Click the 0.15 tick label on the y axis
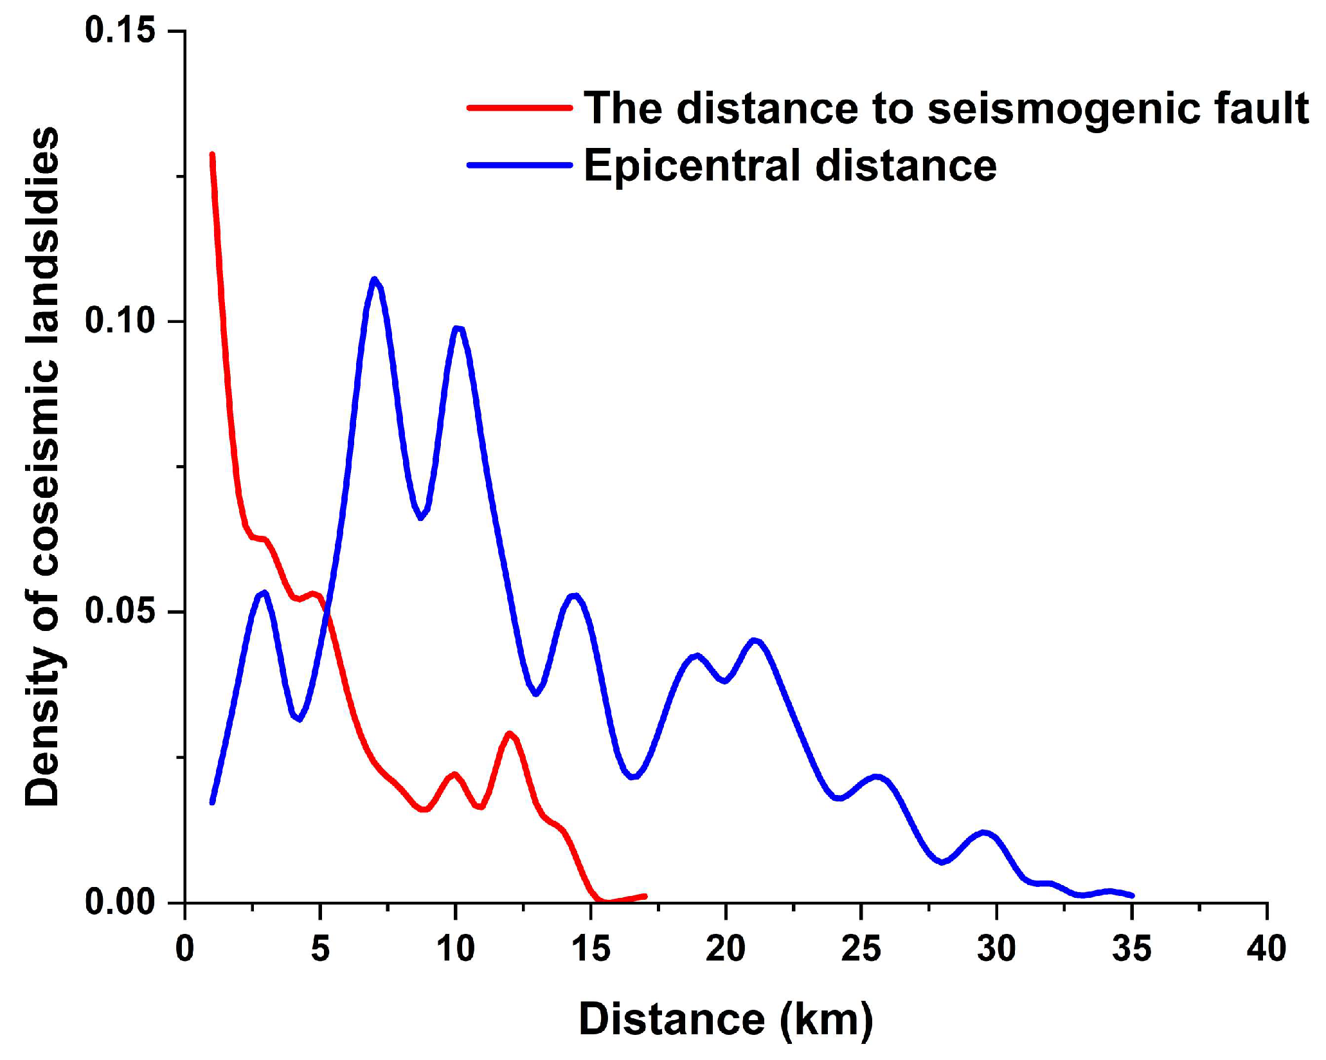point(120,31)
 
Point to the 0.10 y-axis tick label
point(120,321)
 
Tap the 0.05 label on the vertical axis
point(120,612)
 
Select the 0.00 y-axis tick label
point(120,902)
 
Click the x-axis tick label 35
point(1131,949)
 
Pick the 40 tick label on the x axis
point(1266,949)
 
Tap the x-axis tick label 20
point(725,949)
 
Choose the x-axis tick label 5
point(320,949)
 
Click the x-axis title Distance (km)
point(726,1019)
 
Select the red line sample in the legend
point(519,107)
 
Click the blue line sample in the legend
point(519,165)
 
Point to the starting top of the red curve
point(212,154)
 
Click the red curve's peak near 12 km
point(510,733)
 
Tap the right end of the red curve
point(645,896)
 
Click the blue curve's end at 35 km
point(1131,895)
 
